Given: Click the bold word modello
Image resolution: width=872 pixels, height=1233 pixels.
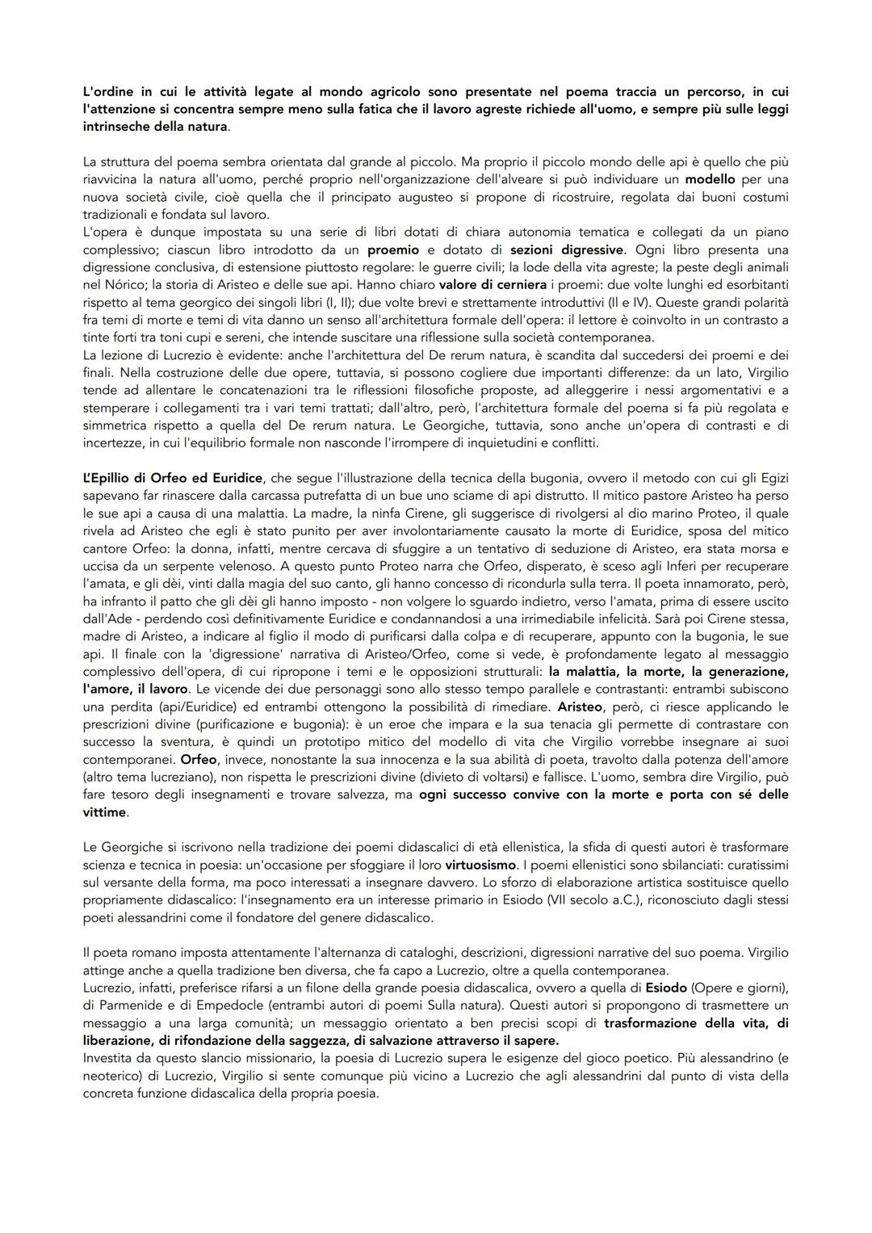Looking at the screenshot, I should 710,179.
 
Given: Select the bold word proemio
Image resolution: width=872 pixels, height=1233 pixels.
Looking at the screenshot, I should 392,250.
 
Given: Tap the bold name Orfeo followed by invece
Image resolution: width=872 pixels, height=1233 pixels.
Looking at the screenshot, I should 199,760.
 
